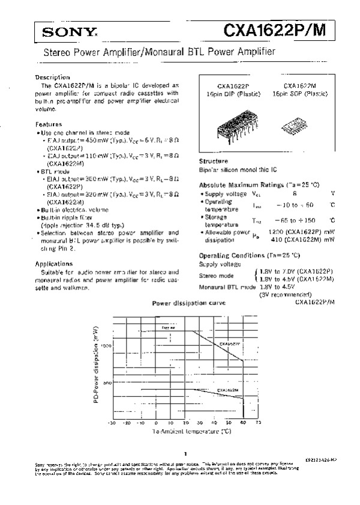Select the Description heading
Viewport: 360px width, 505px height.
pyautogui.click(x=53, y=77)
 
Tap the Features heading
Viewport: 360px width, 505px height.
pyautogui.click(x=49, y=124)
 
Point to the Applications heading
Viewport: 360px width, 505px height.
pyautogui.click(x=54, y=263)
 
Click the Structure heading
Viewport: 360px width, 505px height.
pyautogui.click(x=214, y=162)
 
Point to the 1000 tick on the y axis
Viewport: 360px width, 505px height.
pyautogui.click(x=106, y=346)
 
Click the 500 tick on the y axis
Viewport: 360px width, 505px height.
pyautogui.click(x=107, y=383)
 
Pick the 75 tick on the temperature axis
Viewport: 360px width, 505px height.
pyautogui.click(x=258, y=423)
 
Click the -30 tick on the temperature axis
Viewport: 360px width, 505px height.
pyautogui.click(x=112, y=423)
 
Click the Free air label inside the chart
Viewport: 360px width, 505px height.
pyautogui.click(x=168, y=327)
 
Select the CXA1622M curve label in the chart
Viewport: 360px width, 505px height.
pyautogui.click(x=229, y=390)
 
